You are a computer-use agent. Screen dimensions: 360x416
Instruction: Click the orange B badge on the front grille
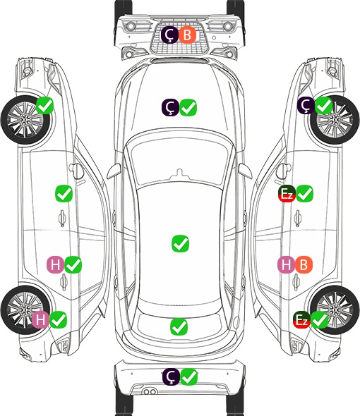187,35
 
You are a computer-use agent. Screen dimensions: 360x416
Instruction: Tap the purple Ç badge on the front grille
170,35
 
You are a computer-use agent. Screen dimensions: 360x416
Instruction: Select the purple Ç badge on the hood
170,107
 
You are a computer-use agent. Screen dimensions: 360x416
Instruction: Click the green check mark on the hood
188,107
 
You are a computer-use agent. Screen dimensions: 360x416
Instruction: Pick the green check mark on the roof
180,243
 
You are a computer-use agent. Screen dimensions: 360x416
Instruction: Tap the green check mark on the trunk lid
179,327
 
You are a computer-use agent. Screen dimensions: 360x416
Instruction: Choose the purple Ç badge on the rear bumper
171,377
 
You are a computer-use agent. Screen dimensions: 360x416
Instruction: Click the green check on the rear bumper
189,377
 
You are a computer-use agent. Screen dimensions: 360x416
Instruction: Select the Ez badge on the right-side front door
287,194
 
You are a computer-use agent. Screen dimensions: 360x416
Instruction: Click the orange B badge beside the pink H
304,264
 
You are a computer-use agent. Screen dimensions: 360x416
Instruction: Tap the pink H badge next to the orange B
286,264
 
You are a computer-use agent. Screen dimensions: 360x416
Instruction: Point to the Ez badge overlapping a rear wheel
301,320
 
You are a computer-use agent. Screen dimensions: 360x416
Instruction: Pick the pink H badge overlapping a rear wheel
40,319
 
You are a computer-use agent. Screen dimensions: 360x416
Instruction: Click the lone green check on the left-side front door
64,194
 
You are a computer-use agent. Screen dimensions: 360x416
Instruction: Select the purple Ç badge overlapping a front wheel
306,106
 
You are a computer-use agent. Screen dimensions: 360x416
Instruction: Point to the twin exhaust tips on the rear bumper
150,391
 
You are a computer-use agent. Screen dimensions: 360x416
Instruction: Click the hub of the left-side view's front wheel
25,120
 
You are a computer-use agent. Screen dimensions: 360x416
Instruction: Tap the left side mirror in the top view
114,171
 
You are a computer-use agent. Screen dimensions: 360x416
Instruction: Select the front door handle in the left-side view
62,219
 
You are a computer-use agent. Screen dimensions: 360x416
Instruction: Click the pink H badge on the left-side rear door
55,264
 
